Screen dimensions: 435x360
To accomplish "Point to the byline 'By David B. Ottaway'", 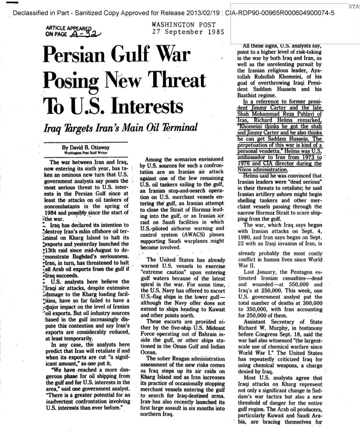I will [x=86, y=148].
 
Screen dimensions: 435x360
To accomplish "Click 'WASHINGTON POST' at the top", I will [x=184, y=25].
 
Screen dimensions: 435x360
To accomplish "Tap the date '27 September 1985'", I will [x=188, y=32].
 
